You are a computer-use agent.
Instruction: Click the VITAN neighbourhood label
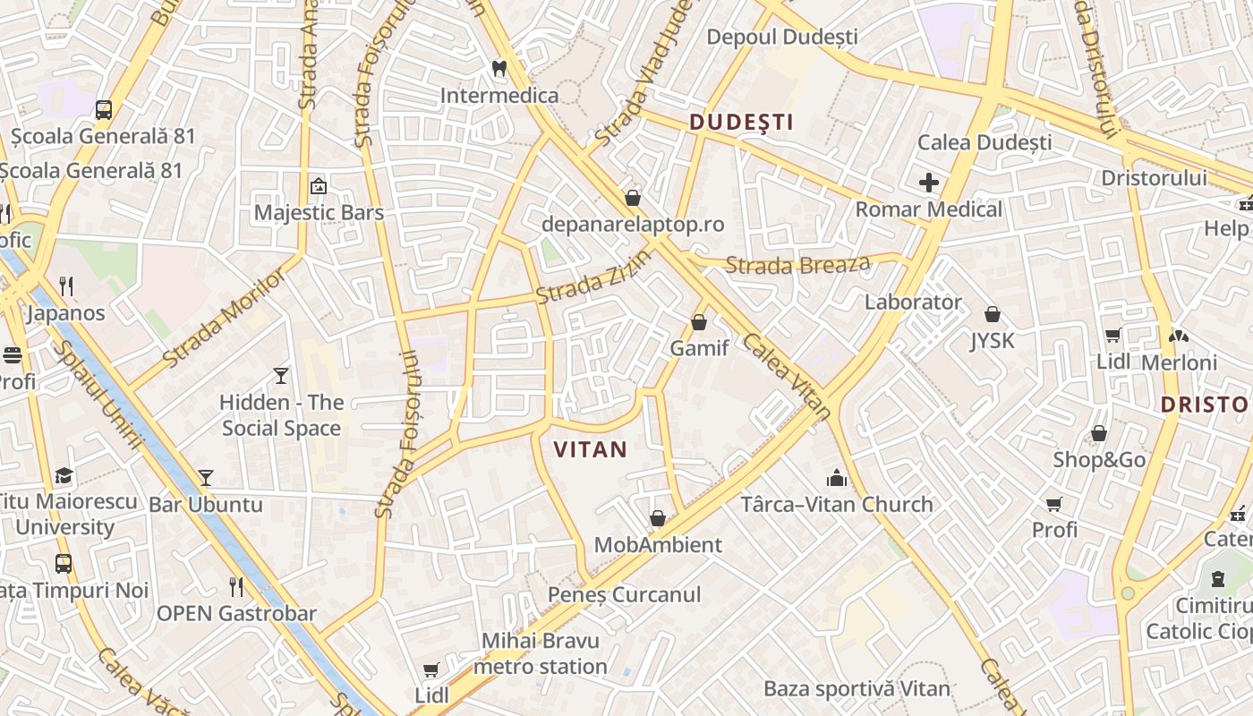[x=591, y=449]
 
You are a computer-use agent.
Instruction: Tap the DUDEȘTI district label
[x=741, y=123]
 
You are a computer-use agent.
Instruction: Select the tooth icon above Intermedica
[x=499, y=68]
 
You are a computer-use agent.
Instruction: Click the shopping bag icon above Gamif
[x=699, y=322]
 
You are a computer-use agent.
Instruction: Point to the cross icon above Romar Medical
[x=929, y=183]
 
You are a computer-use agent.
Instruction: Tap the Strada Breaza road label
[x=797, y=265]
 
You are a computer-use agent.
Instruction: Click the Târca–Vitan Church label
[x=837, y=504]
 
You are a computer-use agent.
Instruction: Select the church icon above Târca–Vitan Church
[x=837, y=478]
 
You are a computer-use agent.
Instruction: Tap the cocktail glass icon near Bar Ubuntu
[x=206, y=478]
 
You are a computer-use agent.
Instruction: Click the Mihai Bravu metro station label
[x=541, y=653]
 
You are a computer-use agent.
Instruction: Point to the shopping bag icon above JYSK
[x=992, y=314]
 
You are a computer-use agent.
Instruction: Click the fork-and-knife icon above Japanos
[x=66, y=286]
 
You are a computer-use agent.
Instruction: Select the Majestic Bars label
[x=319, y=212]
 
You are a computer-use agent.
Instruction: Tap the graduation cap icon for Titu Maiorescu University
[x=64, y=475]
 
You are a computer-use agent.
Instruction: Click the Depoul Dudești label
[x=782, y=37]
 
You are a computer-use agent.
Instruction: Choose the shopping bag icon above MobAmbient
[x=658, y=518]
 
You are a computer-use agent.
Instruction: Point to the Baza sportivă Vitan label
[x=857, y=688]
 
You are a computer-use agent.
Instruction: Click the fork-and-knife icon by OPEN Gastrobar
[x=236, y=587]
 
